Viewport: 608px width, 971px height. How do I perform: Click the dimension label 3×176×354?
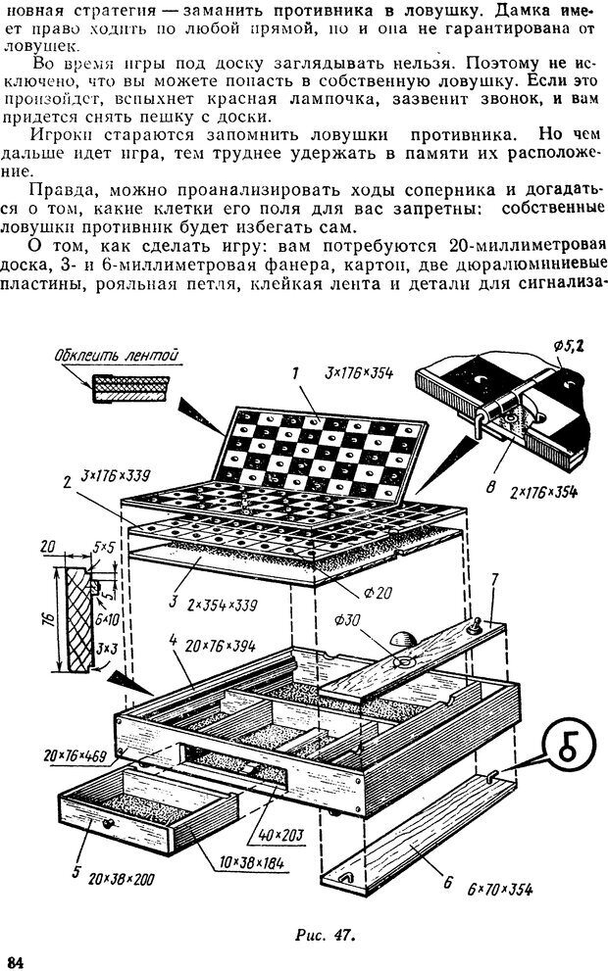click(x=358, y=373)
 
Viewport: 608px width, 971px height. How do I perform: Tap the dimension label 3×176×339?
click(x=116, y=477)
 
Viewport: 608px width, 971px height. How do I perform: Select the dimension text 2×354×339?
click(x=222, y=604)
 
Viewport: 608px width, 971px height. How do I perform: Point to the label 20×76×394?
click(x=221, y=646)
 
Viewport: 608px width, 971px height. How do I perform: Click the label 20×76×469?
click(x=75, y=756)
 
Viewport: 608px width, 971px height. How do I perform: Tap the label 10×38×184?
click(x=247, y=862)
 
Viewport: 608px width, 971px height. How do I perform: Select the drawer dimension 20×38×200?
click(x=123, y=879)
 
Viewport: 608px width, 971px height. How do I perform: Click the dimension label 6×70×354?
click(x=499, y=890)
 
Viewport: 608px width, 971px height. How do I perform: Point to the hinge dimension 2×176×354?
click(x=544, y=492)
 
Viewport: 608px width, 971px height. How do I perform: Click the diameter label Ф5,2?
click(x=571, y=346)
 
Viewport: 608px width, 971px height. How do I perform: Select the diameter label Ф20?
click(x=378, y=593)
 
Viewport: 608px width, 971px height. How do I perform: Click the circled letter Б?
click(x=568, y=749)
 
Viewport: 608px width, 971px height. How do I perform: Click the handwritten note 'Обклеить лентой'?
click(x=117, y=356)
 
